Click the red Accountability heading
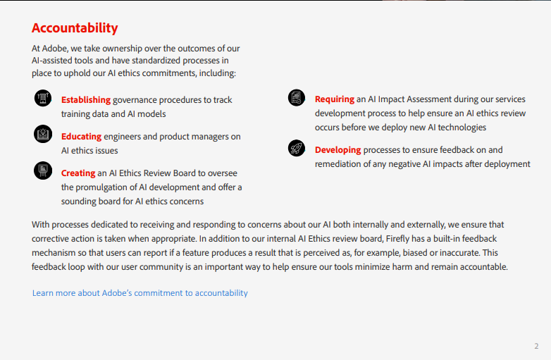pyautogui.click(x=75, y=28)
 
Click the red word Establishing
pyautogui.click(x=86, y=100)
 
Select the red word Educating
pyautogui.click(x=81, y=137)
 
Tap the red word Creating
pyautogui.click(x=78, y=173)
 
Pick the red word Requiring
pyautogui.click(x=335, y=99)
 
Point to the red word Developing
pyautogui.click(x=338, y=150)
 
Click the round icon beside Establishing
pyautogui.click(x=43, y=98)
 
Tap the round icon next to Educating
pyautogui.click(x=43, y=134)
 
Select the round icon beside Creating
pyautogui.click(x=43, y=170)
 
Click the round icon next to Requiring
pyautogui.click(x=297, y=98)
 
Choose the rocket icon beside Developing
pyautogui.click(x=297, y=148)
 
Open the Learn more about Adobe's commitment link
pyautogui.click(x=140, y=293)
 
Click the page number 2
pyautogui.click(x=536, y=346)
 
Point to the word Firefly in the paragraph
pyautogui.click(x=397, y=239)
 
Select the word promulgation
pyautogui.click(x=106, y=187)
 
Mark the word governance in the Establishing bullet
pyautogui.click(x=135, y=101)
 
